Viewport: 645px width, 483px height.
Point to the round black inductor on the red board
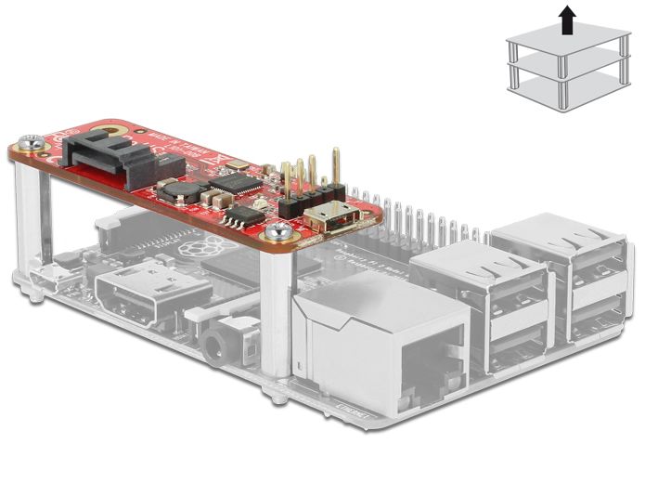[x=176, y=190]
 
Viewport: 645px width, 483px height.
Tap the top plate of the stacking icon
[x=562, y=43]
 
